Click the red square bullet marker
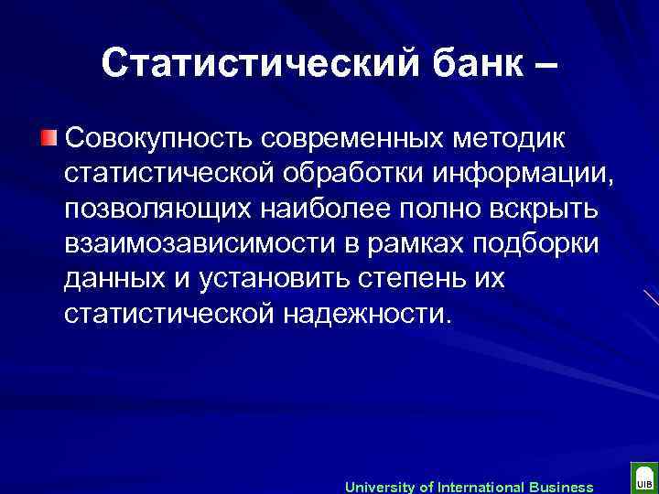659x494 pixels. click(x=48, y=139)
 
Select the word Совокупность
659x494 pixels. click(x=158, y=140)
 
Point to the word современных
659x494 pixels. click(x=353, y=140)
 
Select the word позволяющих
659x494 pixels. click(x=160, y=209)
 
